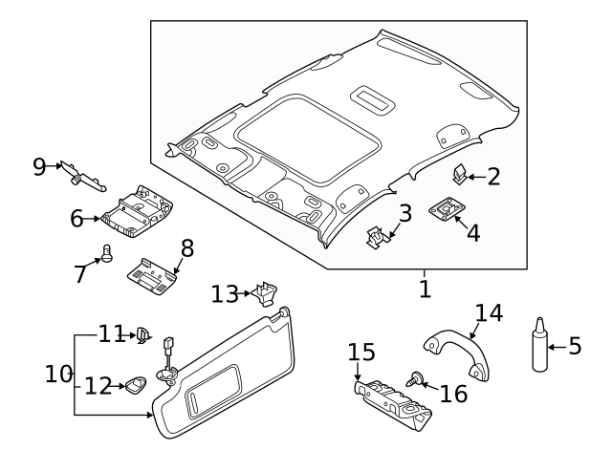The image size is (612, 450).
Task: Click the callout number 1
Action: (426, 287)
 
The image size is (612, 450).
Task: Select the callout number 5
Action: (575, 345)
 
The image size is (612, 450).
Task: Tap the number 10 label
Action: (59, 374)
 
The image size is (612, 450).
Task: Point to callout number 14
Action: (488, 311)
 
